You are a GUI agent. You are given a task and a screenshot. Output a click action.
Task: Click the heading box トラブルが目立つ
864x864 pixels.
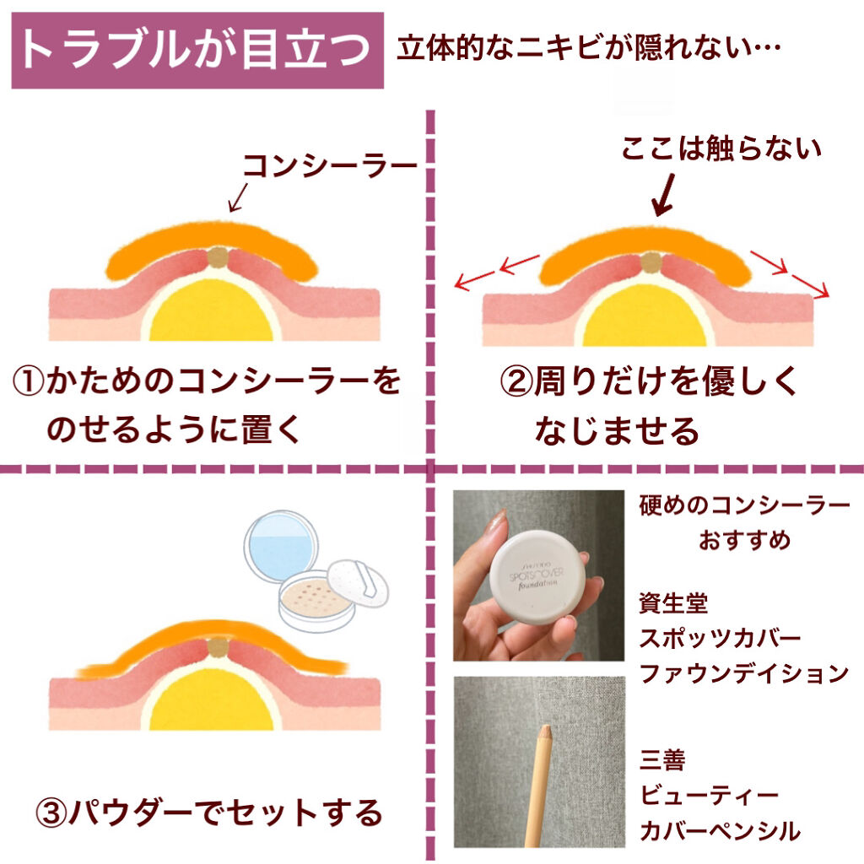[x=197, y=50]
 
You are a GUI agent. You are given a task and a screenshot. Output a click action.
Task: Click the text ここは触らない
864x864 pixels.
[x=721, y=149]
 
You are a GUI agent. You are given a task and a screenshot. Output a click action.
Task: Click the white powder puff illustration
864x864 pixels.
[x=359, y=583]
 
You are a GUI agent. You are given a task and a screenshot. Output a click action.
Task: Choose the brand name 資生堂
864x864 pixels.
[x=673, y=603]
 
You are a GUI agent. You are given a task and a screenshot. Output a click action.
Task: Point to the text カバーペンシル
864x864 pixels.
[x=720, y=831]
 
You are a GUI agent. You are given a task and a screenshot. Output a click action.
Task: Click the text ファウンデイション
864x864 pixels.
[x=743, y=673]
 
